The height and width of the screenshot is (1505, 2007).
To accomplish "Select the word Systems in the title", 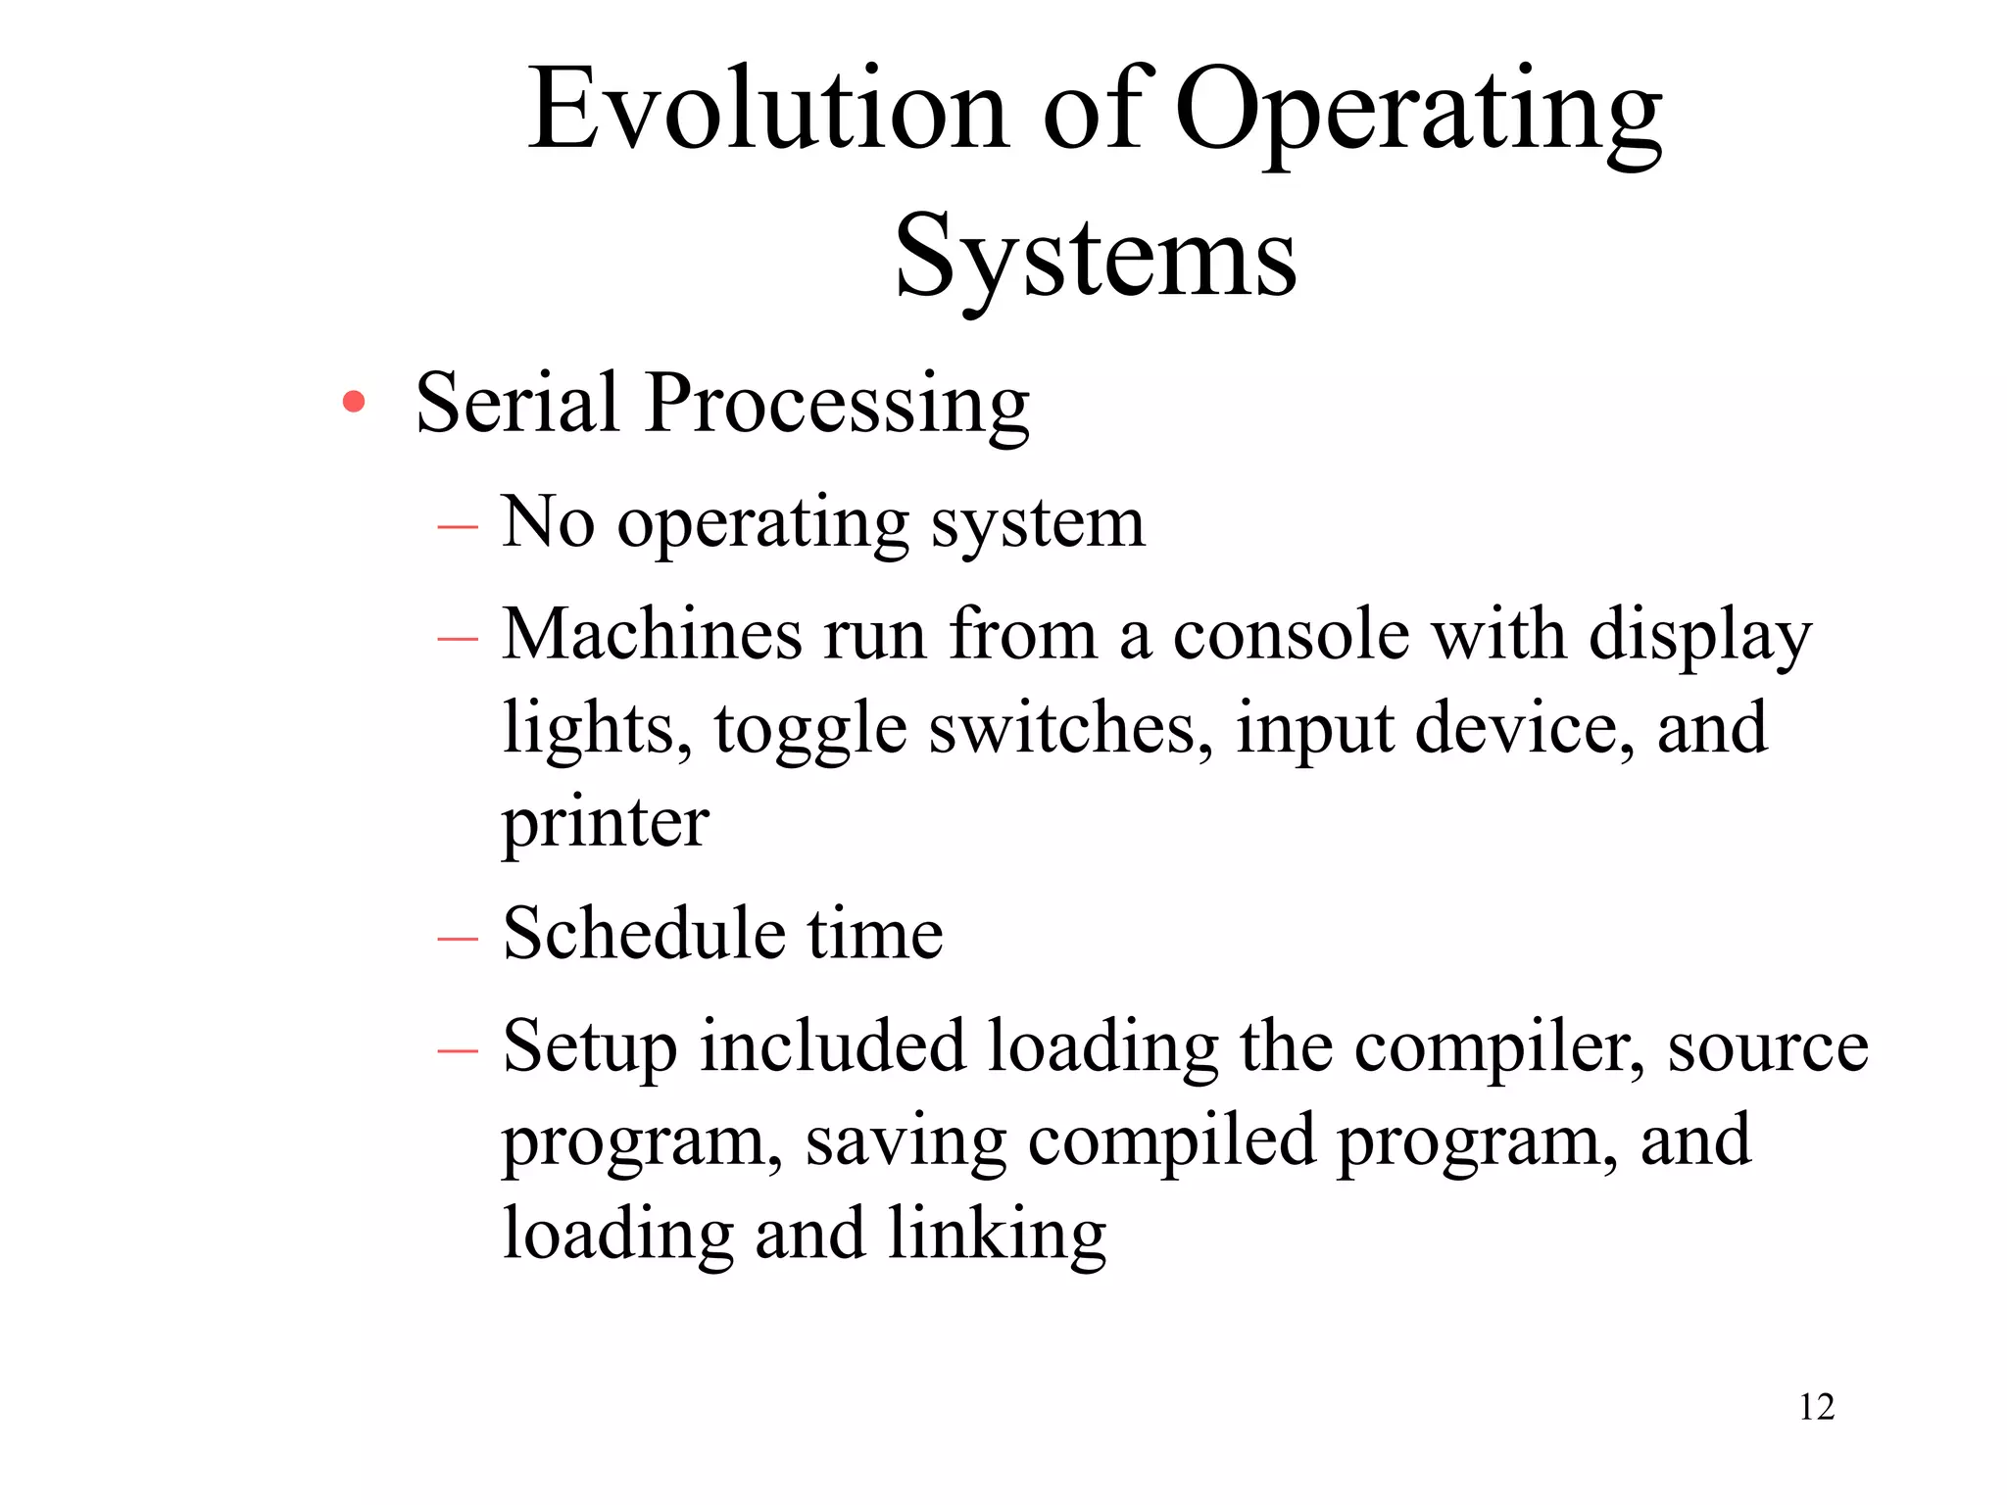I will [1096, 257].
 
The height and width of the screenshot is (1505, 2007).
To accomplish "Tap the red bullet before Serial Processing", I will [354, 402].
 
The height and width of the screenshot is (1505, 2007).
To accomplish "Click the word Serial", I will [516, 402].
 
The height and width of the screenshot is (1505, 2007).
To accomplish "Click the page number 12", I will [1816, 1407].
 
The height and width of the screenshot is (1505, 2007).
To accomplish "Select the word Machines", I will [651, 634].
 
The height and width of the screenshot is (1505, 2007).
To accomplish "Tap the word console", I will [1291, 635].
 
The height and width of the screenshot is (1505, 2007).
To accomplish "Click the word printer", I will [606, 823].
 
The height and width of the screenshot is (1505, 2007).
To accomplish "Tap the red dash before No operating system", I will [458, 527].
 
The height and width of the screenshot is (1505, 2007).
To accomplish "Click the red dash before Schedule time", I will [458, 938].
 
